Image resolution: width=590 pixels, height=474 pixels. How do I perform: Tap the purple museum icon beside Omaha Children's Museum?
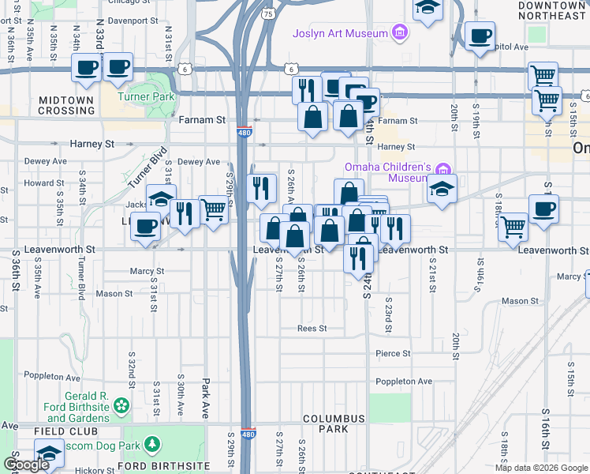[444, 169]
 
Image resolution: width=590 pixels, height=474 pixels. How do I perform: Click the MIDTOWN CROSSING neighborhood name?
[66, 105]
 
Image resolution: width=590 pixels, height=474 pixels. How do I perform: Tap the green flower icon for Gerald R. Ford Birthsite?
[121, 406]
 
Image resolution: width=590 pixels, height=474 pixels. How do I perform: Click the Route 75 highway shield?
[269, 14]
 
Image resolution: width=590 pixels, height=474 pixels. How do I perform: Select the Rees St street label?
[312, 328]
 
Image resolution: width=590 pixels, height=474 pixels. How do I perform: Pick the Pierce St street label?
[393, 353]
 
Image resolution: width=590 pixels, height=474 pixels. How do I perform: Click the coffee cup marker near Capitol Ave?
[480, 35]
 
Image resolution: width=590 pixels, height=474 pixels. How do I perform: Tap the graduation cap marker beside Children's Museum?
[442, 190]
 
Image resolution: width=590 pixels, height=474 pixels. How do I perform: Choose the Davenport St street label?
[128, 21]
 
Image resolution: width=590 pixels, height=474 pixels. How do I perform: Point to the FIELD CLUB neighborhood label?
[66, 431]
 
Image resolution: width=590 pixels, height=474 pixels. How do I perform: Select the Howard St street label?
[39, 182]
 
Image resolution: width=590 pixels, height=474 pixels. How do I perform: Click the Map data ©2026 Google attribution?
[540, 468]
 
